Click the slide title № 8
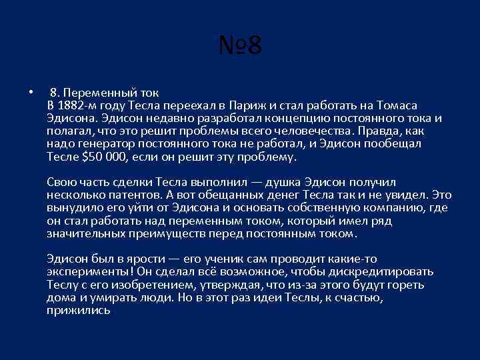240,47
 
